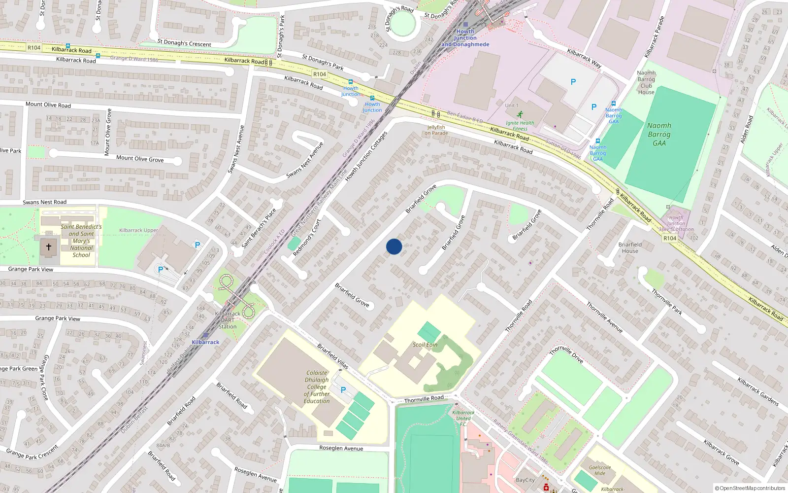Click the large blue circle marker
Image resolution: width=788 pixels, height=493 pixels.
394,246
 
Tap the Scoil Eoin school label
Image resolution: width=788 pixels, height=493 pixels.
425,345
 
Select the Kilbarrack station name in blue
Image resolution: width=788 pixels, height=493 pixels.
205,342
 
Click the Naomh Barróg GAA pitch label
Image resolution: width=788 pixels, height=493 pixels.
659,134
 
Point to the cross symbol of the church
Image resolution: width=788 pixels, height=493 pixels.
49,247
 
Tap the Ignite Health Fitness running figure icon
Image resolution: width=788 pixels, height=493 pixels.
520,114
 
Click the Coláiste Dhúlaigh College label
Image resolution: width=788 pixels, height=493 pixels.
317,387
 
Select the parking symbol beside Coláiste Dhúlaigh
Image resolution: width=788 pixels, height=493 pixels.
343,390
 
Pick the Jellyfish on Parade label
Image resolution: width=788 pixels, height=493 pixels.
436,130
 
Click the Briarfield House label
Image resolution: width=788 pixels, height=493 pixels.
630,247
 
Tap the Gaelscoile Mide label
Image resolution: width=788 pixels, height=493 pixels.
600,470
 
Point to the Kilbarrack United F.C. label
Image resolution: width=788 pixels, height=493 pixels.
463,418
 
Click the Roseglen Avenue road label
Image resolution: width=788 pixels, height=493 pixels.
341,448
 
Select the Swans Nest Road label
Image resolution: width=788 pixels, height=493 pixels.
44,202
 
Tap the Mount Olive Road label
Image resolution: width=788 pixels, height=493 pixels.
48,105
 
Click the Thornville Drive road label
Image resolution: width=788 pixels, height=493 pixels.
566,354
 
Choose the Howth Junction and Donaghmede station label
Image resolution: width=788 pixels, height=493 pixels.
465,38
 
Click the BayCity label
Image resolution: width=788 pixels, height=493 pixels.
525,480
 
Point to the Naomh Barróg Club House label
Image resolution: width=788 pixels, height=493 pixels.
646,82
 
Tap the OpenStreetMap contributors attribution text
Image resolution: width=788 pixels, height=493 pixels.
750,488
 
